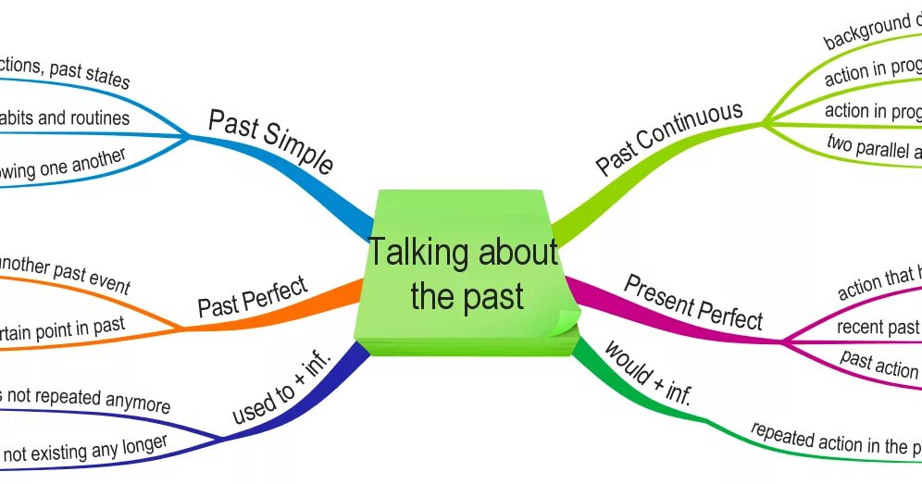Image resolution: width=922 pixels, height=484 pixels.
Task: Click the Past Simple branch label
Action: point(269,142)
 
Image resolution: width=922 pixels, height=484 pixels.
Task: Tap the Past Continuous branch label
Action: point(668,138)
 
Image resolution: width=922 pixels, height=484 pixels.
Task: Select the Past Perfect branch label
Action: point(252,296)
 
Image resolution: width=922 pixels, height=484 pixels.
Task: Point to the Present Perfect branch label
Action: point(693,302)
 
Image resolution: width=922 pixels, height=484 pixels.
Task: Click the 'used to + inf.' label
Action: point(281,391)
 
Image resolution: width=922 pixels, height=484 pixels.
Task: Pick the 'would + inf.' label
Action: point(648,372)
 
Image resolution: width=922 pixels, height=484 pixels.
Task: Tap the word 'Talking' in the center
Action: point(422,253)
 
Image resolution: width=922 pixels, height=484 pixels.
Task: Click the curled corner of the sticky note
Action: point(561,322)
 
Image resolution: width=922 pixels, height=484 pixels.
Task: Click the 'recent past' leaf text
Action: point(878,327)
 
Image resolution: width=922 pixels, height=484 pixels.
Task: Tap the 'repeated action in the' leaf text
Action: point(834,439)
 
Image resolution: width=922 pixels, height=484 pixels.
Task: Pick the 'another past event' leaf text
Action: point(65,273)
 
